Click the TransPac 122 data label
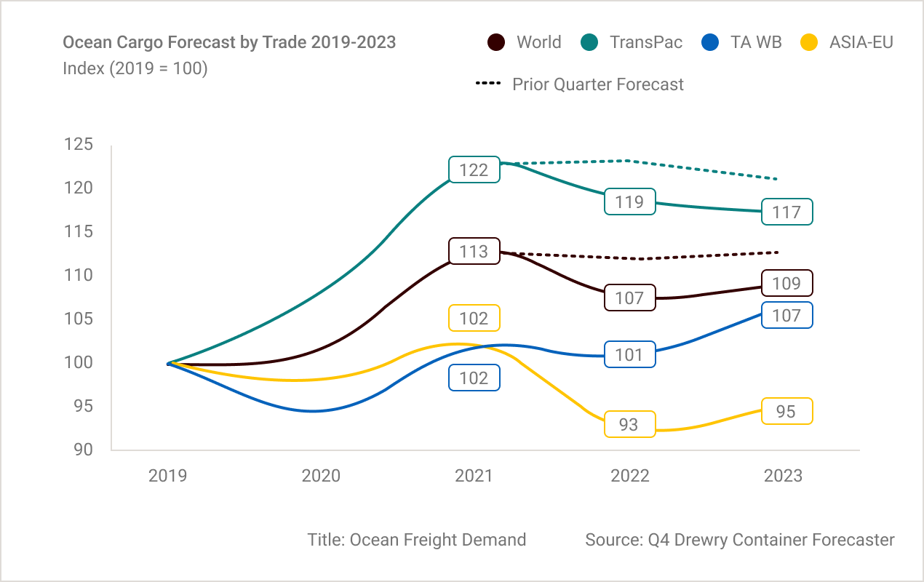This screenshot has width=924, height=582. [474, 170]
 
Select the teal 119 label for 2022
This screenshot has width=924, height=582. [629, 202]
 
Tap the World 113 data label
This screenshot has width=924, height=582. [474, 252]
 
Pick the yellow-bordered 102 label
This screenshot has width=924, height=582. [474, 319]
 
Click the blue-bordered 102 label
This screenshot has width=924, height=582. [474, 378]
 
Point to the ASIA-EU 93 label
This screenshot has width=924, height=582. [629, 424]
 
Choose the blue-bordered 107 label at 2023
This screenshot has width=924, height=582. [786, 315]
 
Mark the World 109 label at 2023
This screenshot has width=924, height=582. [786, 283]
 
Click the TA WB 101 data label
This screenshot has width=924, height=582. [629, 354]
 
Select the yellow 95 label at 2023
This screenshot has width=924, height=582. [786, 411]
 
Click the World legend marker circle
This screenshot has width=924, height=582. [496, 42]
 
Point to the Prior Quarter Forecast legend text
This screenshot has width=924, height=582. [598, 84]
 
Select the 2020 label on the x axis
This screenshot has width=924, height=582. [321, 476]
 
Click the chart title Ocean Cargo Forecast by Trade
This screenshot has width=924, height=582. [229, 42]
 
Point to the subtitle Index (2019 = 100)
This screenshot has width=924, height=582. [135, 69]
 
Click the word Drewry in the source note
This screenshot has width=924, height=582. [701, 540]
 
